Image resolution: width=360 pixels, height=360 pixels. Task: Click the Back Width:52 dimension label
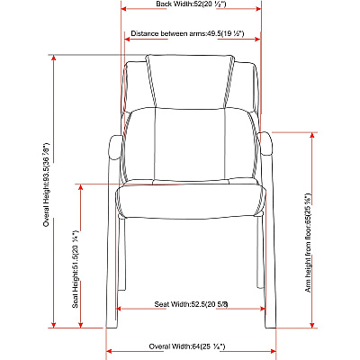(191, 4)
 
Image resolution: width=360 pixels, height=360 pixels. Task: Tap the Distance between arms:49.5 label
(187, 33)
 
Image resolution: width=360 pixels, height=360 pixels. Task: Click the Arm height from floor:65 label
(308, 243)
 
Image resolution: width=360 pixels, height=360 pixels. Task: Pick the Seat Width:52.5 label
(191, 304)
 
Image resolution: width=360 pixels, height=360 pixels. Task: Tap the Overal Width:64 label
(187, 346)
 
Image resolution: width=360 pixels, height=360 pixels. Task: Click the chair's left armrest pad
(114, 148)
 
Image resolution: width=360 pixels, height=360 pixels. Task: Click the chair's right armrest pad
(265, 143)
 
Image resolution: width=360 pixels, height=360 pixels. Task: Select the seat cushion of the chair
(191, 201)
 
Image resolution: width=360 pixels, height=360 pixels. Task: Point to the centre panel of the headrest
(190, 81)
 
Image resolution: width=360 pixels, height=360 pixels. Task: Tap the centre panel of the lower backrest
(190, 145)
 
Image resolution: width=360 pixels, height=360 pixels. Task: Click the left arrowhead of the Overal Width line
(109, 351)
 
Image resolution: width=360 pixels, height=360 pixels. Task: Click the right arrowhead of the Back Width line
(258, 9)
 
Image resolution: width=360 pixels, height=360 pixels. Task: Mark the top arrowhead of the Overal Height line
(54, 58)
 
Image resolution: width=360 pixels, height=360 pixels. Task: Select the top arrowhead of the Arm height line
(312, 135)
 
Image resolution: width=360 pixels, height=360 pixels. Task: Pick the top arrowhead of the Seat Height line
(80, 187)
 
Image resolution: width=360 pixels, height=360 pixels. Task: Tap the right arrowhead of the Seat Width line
(262, 309)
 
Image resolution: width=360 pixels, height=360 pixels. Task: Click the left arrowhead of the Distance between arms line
(128, 40)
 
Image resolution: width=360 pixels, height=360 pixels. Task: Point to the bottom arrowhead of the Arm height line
(312, 325)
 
